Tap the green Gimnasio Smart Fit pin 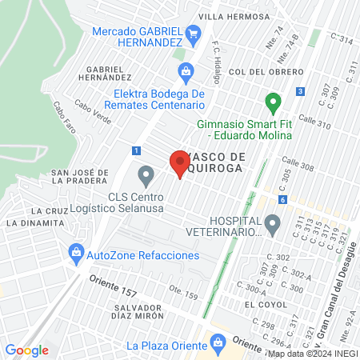click(273, 103)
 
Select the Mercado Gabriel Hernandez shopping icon click(192, 33)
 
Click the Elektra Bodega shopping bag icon click(186, 72)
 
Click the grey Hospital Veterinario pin click(274, 225)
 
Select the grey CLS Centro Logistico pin click(146, 174)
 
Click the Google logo click(27, 350)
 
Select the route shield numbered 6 click(282, 199)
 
